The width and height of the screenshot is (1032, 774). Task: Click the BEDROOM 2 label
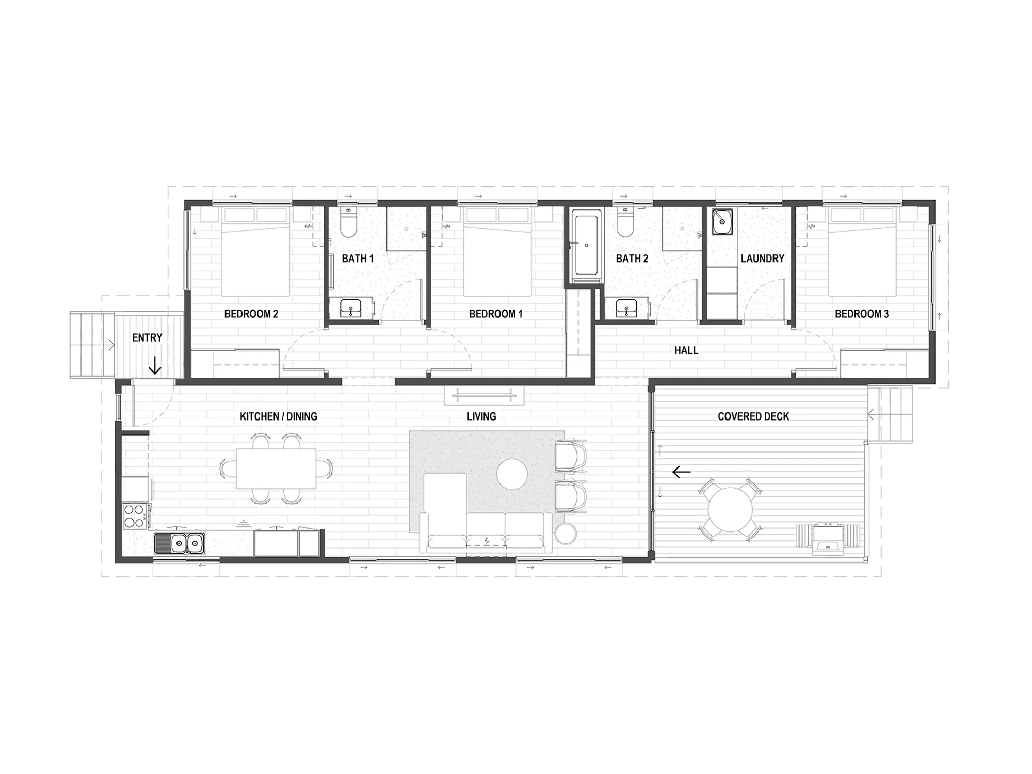tap(251, 314)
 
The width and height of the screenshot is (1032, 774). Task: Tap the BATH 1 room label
tap(358, 259)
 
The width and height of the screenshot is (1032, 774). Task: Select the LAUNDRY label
tap(762, 259)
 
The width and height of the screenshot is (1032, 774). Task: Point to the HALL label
tap(686, 351)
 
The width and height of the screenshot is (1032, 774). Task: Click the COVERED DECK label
tap(753, 416)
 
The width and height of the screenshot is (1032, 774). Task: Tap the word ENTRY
tap(147, 338)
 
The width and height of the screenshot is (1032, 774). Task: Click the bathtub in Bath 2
tap(586, 245)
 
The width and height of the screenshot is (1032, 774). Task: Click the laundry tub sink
tap(722, 221)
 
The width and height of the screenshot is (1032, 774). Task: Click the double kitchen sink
tap(179, 543)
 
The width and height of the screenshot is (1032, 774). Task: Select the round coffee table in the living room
tap(512, 474)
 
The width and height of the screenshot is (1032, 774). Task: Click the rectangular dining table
tap(276, 469)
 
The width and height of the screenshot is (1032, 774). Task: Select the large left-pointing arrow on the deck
tap(682, 472)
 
